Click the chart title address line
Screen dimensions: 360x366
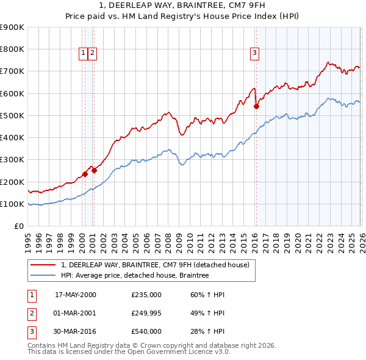[182, 7]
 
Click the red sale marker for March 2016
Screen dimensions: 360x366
[256, 106]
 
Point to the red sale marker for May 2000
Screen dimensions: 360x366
[85, 174]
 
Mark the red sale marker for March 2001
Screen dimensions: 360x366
[94, 170]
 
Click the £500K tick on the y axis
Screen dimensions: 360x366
[12, 115]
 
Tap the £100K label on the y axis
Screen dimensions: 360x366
[12, 204]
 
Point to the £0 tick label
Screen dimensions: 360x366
[18, 226]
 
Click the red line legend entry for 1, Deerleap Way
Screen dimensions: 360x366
[155, 265]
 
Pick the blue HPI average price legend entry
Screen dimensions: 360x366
[135, 276]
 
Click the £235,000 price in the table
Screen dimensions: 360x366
[146, 295]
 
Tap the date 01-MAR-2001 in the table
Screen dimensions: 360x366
[75, 313]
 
